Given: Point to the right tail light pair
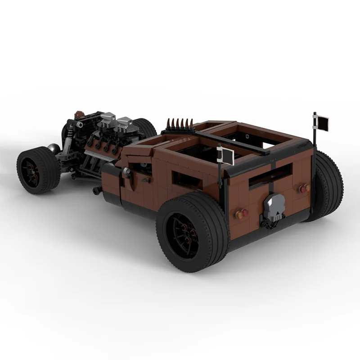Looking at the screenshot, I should click(298, 189).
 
